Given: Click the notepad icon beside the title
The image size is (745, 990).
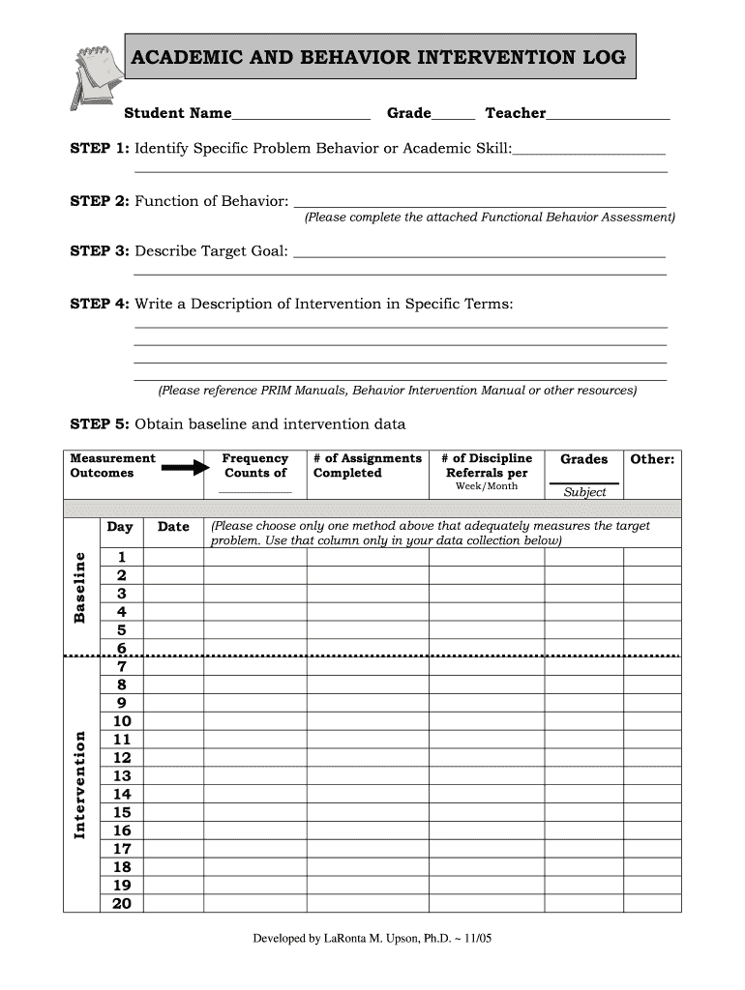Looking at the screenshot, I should [x=93, y=73].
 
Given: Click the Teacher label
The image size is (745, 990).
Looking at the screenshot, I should [x=515, y=113].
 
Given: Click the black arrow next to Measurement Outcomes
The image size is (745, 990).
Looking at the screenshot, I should [x=185, y=468].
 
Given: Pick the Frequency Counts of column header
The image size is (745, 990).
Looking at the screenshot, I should [x=255, y=466].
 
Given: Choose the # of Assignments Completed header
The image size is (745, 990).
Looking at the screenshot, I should [x=368, y=466].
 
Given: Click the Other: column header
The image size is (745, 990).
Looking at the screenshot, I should [x=652, y=459].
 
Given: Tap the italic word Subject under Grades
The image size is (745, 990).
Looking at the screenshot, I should [x=584, y=492].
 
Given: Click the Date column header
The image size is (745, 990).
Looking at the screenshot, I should [x=173, y=527].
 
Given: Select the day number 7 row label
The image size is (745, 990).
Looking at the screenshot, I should [x=122, y=666].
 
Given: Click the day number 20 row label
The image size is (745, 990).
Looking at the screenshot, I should [x=122, y=903].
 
